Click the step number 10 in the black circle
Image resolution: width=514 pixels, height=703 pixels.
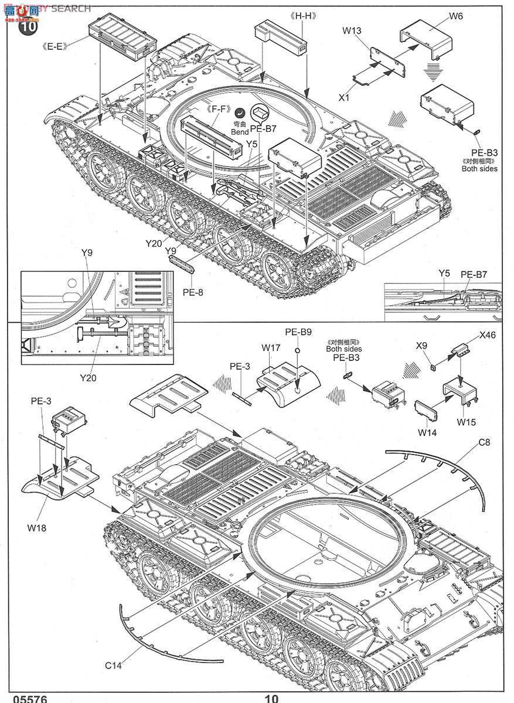(28, 26)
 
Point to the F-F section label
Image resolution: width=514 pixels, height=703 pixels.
(217, 109)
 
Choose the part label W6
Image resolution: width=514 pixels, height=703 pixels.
(455, 16)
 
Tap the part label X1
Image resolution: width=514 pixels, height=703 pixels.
(343, 98)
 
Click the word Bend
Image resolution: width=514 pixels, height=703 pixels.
(240, 133)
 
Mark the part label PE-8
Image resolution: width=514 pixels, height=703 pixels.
(192, 291)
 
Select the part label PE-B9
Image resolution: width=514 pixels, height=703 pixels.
(298, 332)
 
